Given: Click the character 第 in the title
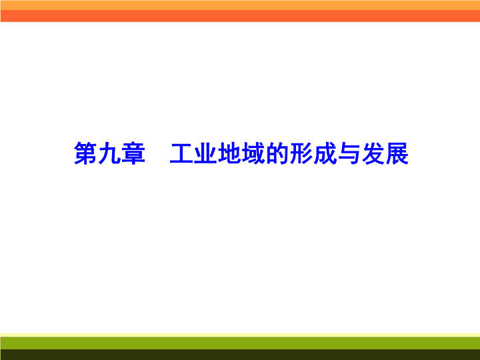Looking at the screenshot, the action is (85, 153).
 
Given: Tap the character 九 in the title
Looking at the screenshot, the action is (109, 153).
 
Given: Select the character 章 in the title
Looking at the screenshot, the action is (133, 153).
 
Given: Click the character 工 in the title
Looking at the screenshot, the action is (181, 153).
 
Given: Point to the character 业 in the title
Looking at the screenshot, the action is (205, 153).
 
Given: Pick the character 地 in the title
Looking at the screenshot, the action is (229, 153).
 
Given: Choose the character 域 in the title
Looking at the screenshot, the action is (253, 153).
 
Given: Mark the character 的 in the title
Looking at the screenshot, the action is (277, 153).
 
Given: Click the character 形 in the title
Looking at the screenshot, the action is (301, 153).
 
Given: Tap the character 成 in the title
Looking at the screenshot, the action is (325, 153).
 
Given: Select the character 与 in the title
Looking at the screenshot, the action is (349, 153).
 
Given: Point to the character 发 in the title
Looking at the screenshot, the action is (373, 153).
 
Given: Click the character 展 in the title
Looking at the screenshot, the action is (397, 153).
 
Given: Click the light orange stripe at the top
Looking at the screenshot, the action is (240, 5).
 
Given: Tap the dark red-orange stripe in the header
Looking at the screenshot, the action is (240, 16).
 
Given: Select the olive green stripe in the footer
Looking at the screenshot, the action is (240, 343).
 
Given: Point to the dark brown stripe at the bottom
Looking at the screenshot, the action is (240, 355).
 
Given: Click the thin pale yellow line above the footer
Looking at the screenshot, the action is (240, 335).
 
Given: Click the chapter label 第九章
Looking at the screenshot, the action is (109, 153).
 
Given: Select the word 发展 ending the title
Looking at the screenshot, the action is (385, 153).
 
